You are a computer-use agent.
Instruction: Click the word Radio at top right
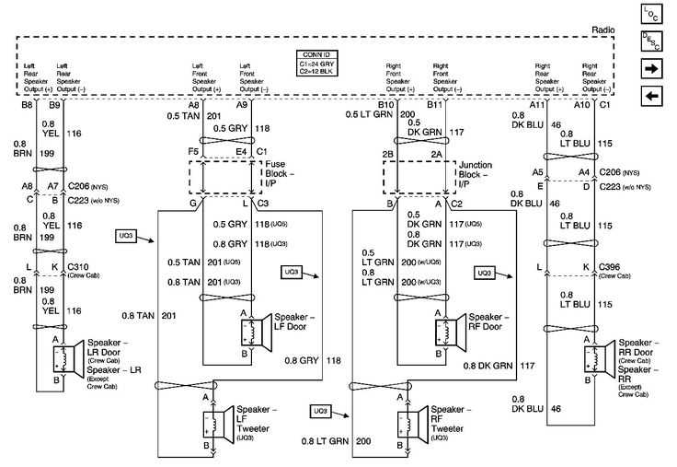603,30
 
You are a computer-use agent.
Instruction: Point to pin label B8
27,106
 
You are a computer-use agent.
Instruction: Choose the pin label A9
241,106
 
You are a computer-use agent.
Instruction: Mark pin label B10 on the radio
385,106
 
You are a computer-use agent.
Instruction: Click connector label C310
79,266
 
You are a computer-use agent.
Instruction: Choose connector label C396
609,266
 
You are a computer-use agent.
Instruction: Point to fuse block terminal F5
194,150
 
